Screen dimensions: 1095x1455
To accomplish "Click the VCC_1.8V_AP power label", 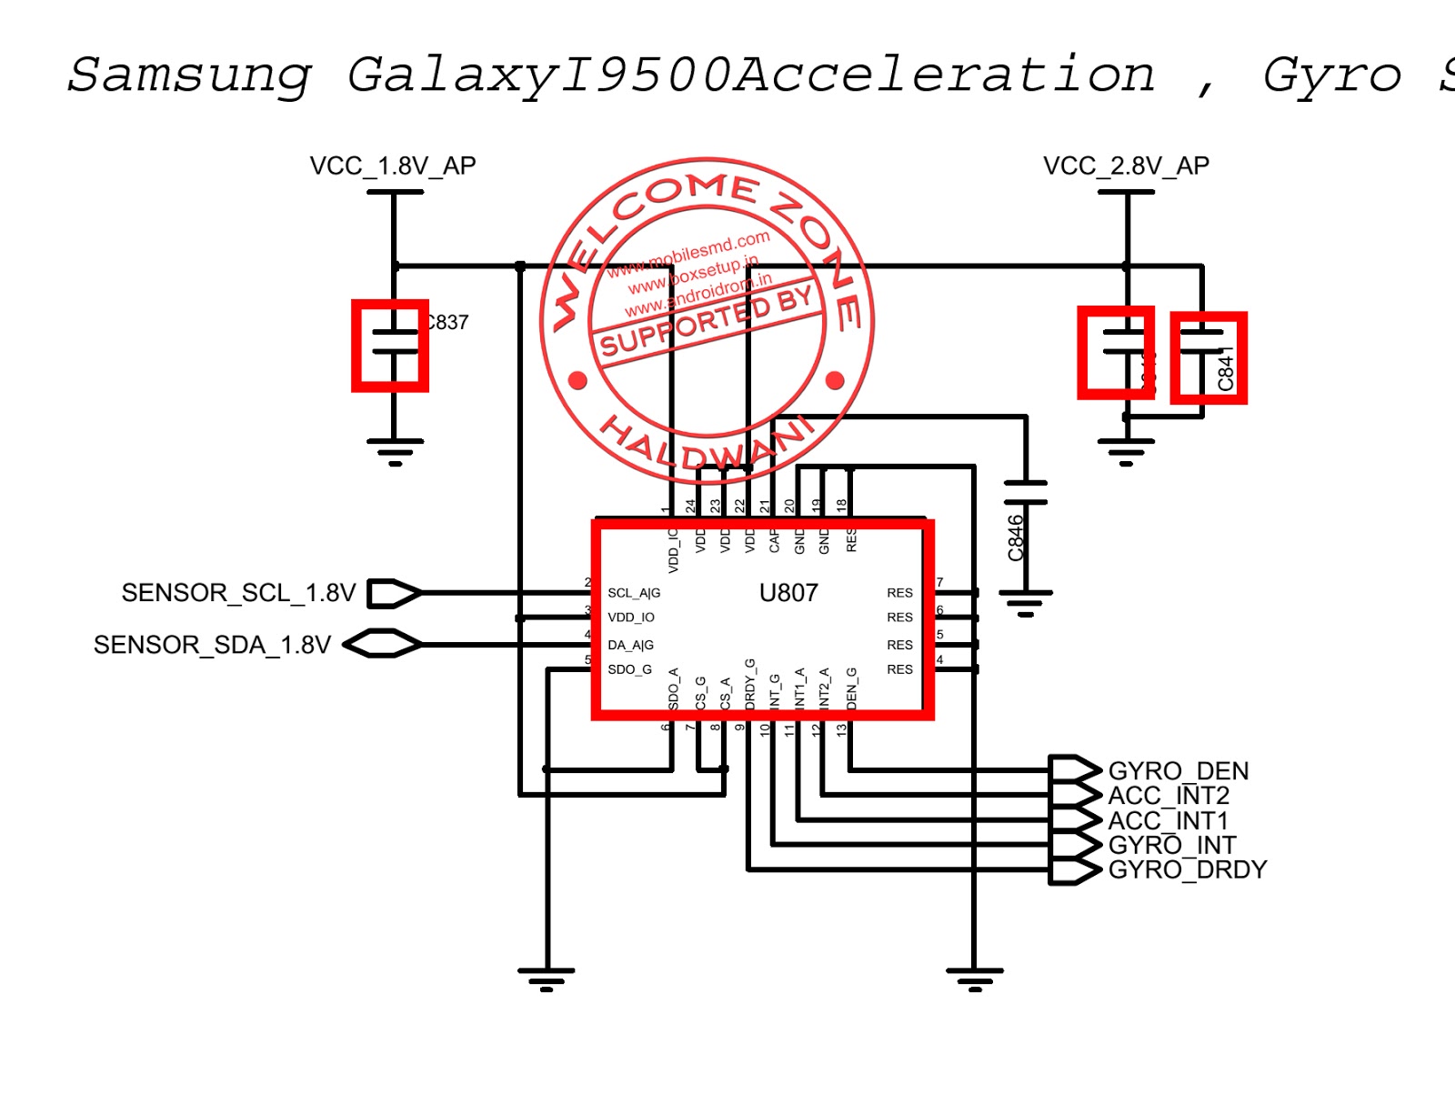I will (392, 166).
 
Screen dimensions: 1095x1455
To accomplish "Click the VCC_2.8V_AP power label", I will (1126, 166).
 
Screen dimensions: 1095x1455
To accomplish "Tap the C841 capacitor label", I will (1226, 369).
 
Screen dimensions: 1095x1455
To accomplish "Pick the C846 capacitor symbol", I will (1026, 492).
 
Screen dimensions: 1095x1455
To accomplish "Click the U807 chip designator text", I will (788, 593).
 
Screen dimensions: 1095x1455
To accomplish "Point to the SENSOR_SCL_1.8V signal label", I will (238, 593).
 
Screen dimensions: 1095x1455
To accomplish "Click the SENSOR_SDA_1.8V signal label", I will (212, 645).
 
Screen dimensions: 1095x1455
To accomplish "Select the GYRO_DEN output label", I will (1178, 770).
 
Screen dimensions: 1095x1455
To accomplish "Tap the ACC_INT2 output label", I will (1168, 796).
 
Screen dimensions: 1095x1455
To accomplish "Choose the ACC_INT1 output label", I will (1168, 820).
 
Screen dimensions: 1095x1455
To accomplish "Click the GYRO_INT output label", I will (1171, 845).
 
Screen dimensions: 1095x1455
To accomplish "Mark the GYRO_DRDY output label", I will (1187, 869).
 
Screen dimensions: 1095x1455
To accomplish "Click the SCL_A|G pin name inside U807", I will (634, 593).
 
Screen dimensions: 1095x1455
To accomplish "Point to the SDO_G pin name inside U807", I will (629, 669).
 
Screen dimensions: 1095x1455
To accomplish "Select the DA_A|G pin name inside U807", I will (630, 645).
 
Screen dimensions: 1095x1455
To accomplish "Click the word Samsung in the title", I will (189, 75).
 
